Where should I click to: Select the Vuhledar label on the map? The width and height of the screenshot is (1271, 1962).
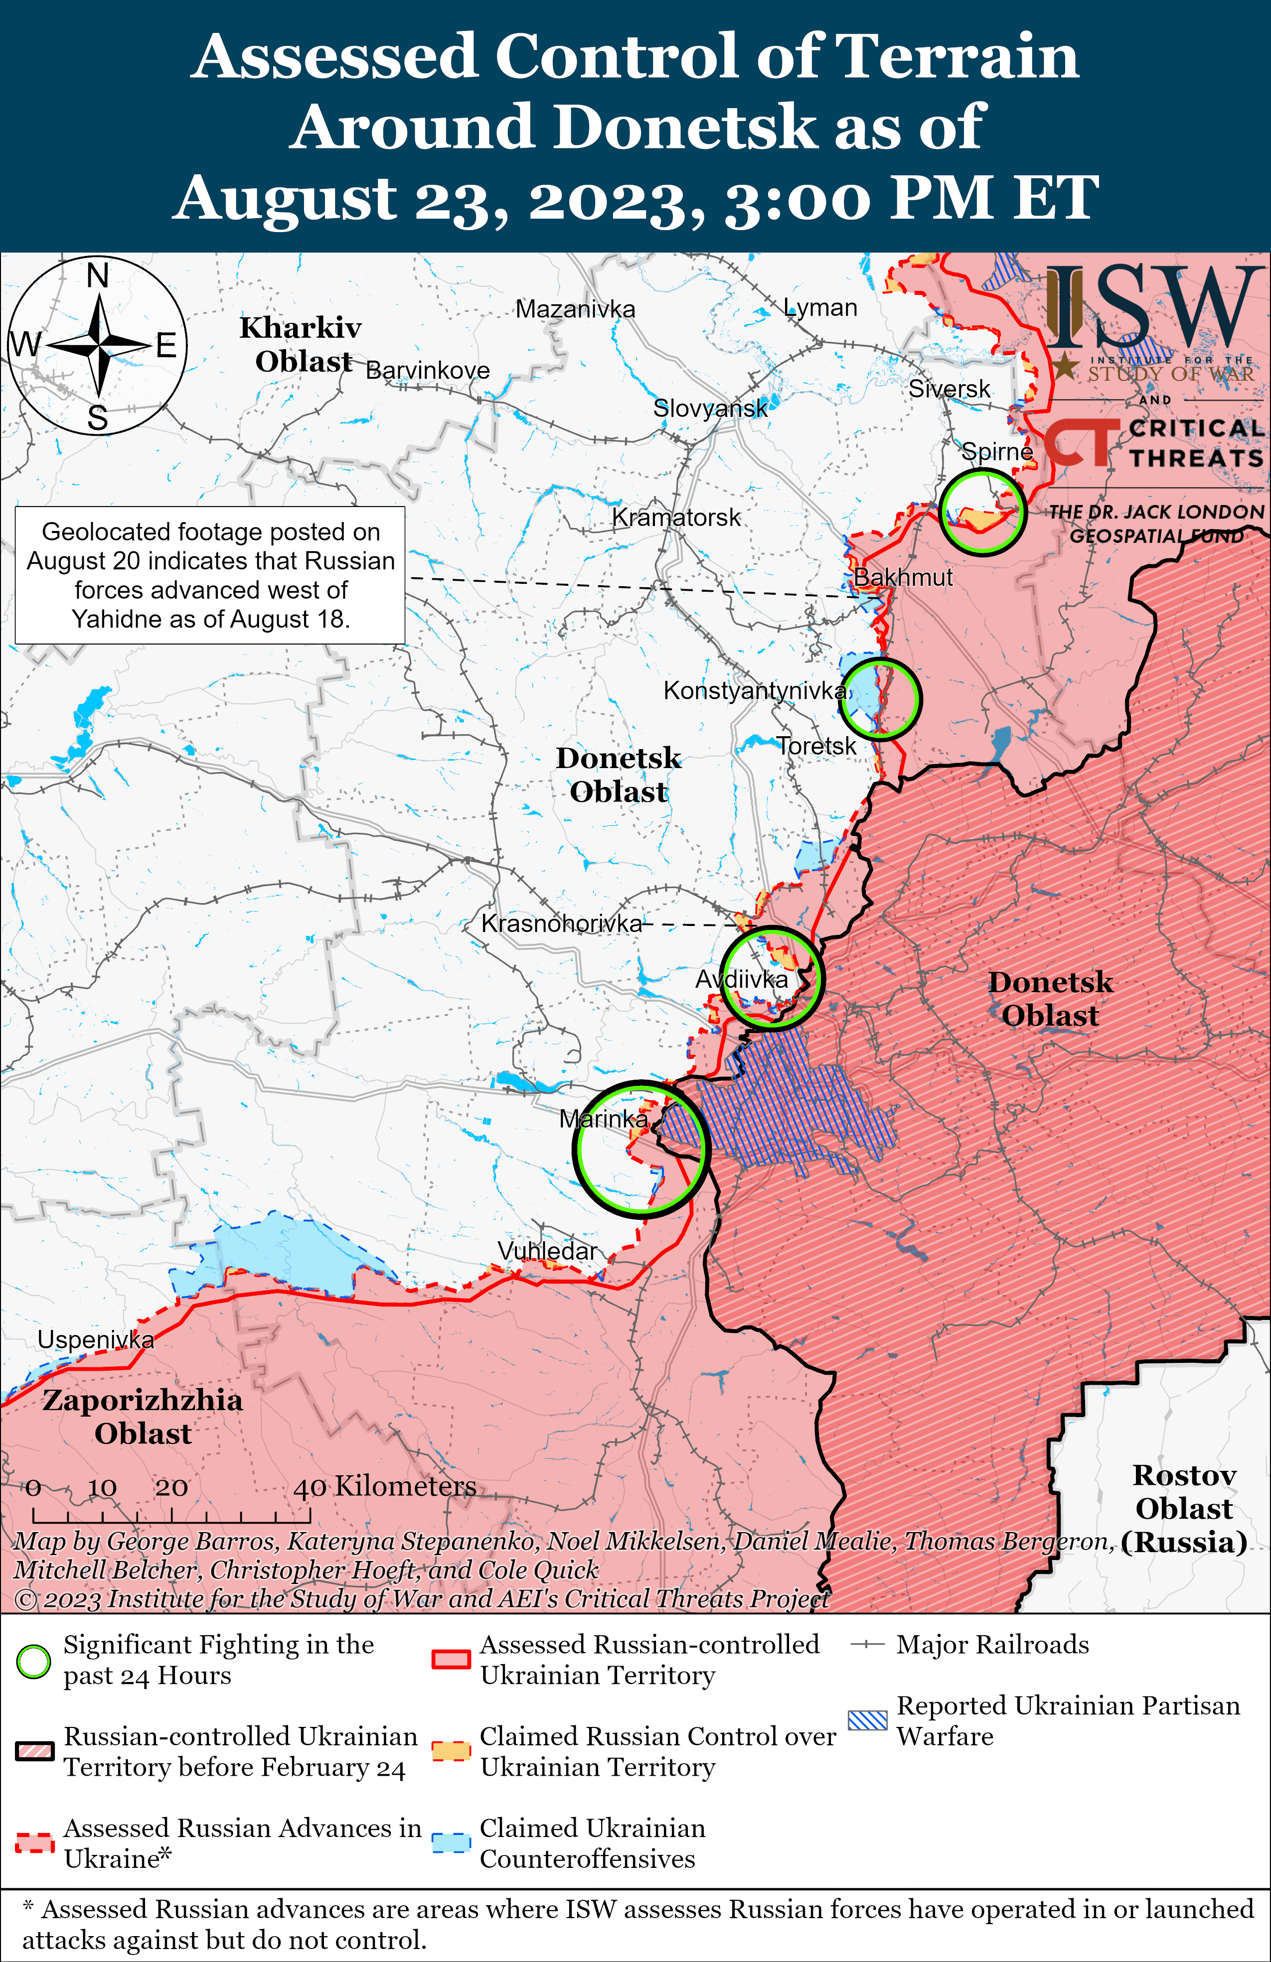547,1251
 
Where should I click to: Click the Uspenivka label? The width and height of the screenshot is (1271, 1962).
96,1339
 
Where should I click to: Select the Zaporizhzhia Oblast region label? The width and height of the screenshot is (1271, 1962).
143,1416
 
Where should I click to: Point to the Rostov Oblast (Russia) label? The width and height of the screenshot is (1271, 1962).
1184,1508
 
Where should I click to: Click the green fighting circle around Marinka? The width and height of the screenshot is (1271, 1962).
641,1148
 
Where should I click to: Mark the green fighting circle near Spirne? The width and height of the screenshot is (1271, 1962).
982,511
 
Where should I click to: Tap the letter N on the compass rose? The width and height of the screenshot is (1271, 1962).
98,276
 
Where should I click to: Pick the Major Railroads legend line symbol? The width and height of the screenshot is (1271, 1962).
868,1645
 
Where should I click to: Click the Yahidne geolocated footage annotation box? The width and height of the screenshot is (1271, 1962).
210,575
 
